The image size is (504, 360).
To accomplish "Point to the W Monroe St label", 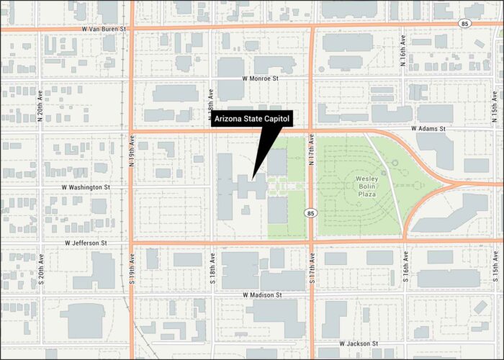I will tap(261, 78).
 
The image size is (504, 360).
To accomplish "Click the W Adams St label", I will tap(429, 129).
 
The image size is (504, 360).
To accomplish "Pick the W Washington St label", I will tap(86, 187).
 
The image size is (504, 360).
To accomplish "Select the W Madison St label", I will tap(262, 295).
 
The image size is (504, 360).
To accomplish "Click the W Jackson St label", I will tap(359, 344).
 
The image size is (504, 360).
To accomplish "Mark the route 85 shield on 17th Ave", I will tap(310, 213).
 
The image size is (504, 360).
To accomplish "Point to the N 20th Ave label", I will tap(40, 106).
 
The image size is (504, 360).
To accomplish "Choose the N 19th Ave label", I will tap(132, 152).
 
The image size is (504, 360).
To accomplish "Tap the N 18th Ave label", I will tap(212, 105).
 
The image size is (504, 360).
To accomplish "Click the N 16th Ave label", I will tap(404, 54).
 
